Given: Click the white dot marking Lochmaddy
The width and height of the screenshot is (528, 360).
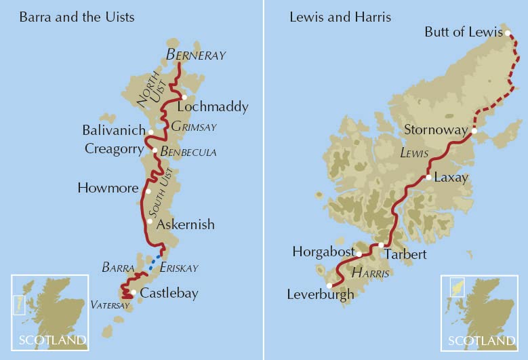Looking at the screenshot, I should [184, 97].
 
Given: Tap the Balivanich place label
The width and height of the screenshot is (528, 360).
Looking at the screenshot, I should [113, 129].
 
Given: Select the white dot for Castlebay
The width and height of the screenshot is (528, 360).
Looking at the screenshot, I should [134, 293].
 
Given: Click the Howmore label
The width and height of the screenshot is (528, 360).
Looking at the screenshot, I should [108, 188].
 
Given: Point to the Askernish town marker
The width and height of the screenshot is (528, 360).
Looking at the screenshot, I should [149, 221].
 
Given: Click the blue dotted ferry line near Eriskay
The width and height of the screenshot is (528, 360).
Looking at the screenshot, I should [156, 260].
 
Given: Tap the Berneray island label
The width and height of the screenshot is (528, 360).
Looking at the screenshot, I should [196, 55].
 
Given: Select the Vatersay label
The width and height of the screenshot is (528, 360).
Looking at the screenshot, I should [109, 306].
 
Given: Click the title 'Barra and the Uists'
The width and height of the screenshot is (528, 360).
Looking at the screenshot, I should [77, 17].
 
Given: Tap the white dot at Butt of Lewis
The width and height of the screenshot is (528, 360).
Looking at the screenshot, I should [507, 32].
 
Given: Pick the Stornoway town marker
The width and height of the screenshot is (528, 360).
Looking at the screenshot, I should [474, 131].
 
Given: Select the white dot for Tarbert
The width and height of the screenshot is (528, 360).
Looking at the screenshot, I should [381, 245].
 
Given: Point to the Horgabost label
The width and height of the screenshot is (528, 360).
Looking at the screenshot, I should [323, 252].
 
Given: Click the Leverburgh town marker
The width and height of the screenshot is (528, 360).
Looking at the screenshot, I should [330, 285].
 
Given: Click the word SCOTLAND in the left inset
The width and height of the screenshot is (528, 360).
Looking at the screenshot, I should [52, 340].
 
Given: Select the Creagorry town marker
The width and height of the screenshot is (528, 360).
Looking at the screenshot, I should [155, 151].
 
